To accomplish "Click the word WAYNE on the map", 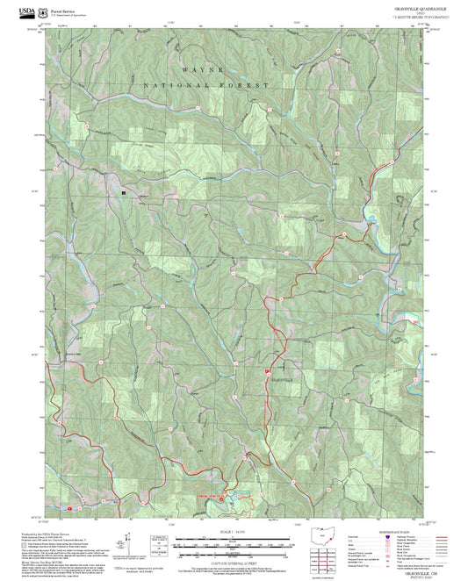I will [x=204, y=68].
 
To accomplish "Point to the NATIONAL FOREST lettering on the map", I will [x=204, y=85].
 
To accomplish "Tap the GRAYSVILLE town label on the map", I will [x=284, y=377].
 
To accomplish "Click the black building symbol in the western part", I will [x=124, y=190].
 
